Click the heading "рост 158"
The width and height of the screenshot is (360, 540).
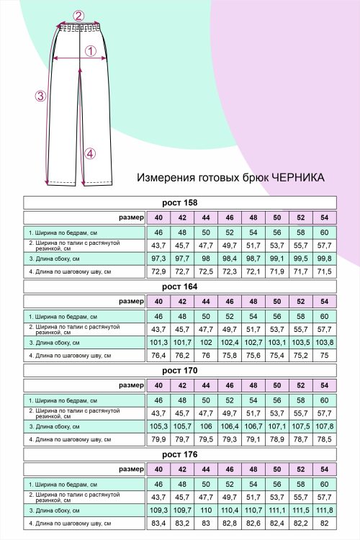(180, 202)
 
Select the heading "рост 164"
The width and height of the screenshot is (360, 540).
(180, 287)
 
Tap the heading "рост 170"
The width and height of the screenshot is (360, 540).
(180, 370)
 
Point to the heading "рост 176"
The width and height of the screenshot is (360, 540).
(180, 454)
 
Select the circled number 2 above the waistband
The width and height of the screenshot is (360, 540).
(79, 16)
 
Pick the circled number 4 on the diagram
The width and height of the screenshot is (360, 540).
(89, 153)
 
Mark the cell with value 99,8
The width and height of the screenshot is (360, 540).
(325, 258)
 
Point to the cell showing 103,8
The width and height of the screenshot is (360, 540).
(325, 342)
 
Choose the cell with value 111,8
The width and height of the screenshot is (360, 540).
(325, 510)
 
